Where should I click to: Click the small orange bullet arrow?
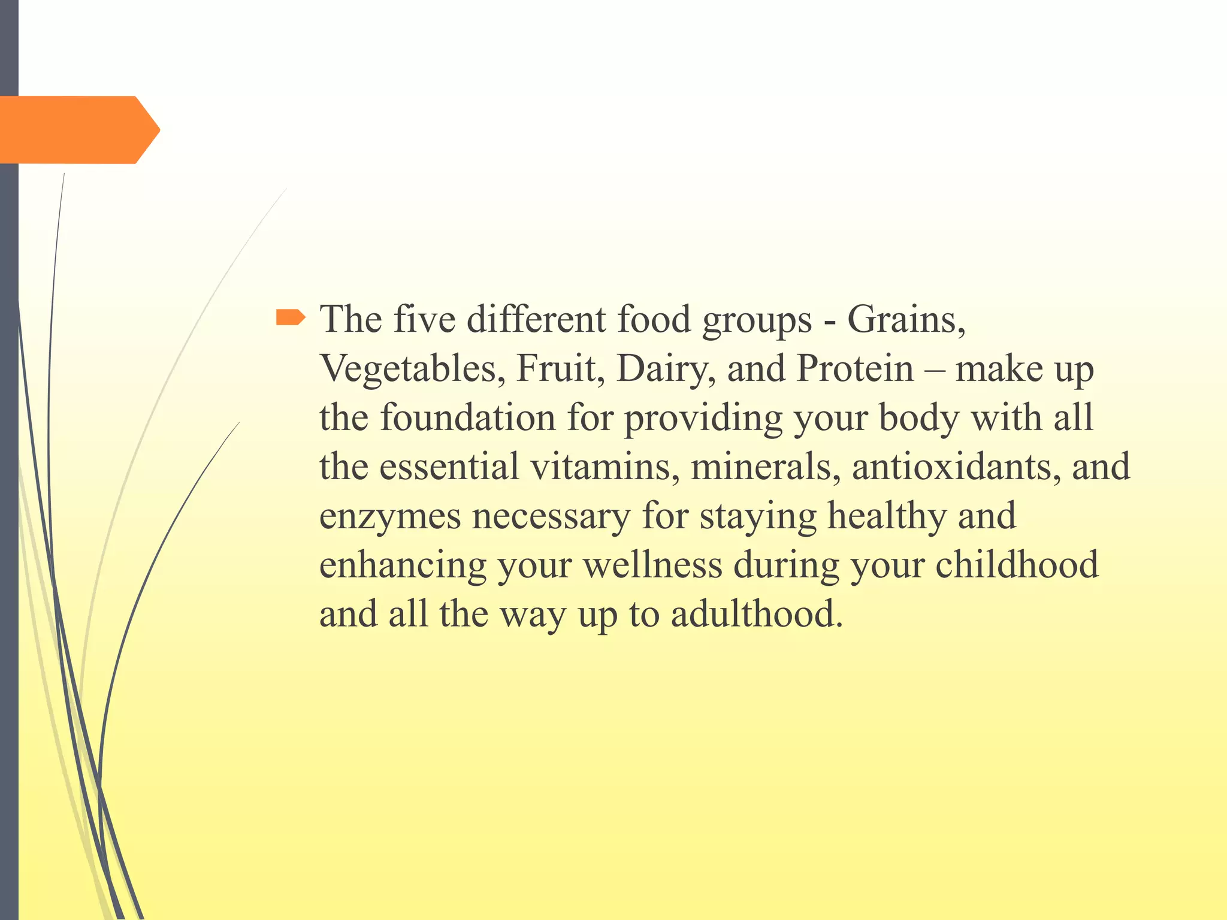click(291, 317)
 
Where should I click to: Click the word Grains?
click(905, 319)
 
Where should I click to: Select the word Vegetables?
click(409, 368)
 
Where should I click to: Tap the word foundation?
click(468, 417)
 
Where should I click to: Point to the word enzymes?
click(390, 516)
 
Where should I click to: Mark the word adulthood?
click(757, 615)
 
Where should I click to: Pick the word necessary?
click(551, 516)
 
